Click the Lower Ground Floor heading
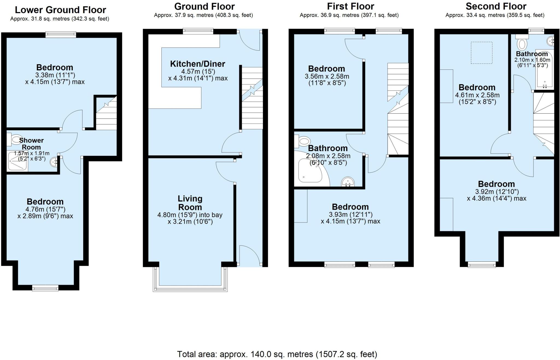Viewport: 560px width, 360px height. (x=60, y=10)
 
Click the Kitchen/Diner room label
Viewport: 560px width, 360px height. (x=197, y=64)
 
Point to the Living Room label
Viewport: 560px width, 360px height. (x=190, y=203)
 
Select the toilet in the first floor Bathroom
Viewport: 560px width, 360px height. (x=302, y=141)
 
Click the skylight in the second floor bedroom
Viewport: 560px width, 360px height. (x=482, y=53)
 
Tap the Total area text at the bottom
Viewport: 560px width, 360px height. (x=277, y=354)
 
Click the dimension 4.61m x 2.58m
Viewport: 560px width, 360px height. (x=477, y=95)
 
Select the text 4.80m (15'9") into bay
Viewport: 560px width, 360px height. (x=190, y=215)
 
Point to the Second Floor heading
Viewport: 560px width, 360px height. (x=496, y=6)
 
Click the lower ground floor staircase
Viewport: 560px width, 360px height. (x=106, y=115)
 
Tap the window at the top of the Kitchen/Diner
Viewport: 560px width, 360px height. (x=198, y=31)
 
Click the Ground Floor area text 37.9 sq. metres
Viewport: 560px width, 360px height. (x=203, y=15)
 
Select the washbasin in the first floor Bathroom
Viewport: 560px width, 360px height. (x=348, y=182)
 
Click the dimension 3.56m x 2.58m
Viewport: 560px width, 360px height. (x=327, y=77)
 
